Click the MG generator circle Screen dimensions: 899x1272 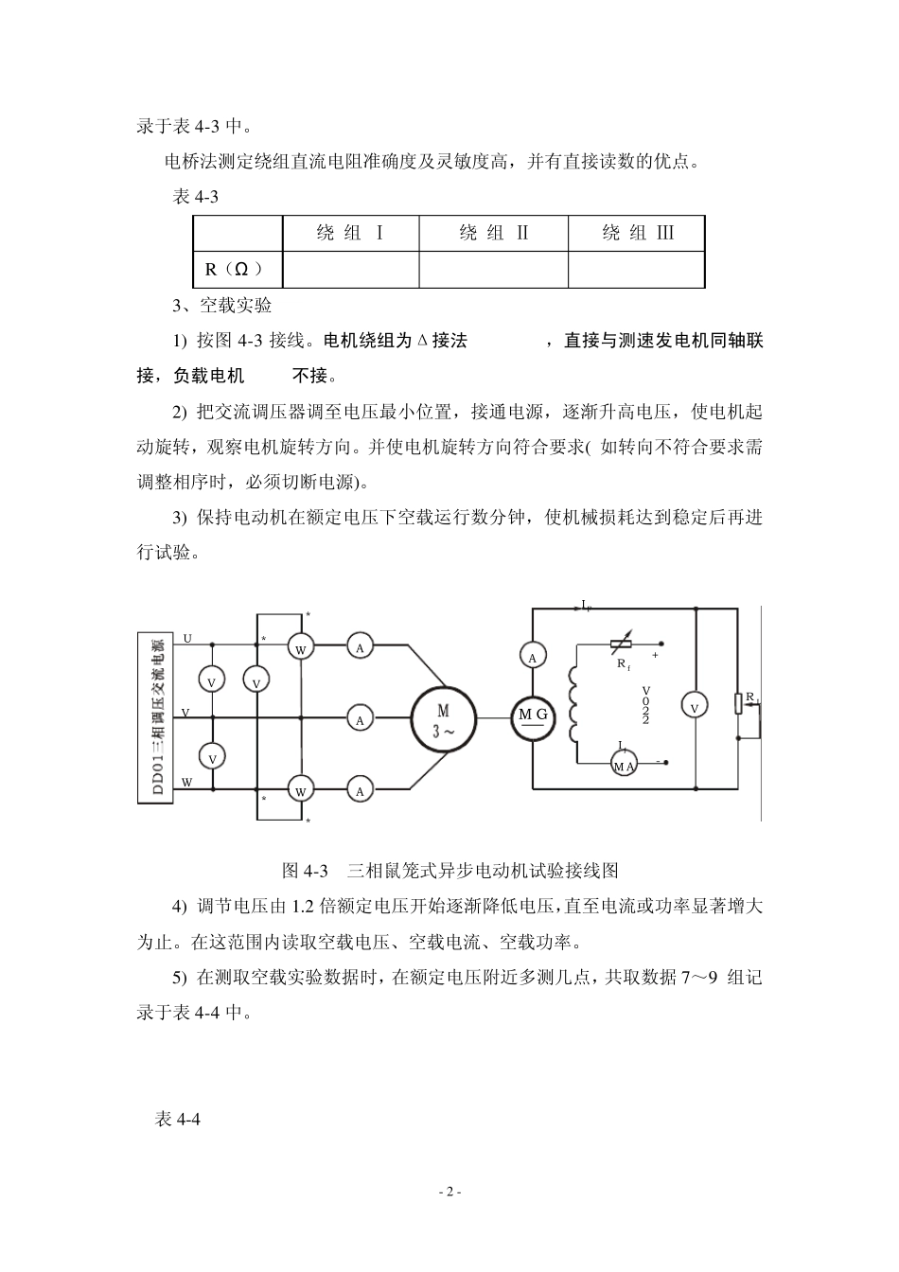click(533, 716)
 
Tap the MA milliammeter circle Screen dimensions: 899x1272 click(624, 765)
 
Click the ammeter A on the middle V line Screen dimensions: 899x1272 click(360, 718)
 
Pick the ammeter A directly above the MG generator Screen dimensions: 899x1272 click(533, 657)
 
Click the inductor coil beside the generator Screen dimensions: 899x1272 click(574, 706)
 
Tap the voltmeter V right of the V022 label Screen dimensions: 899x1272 click(695, 706)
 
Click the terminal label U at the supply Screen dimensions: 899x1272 click(186, 639)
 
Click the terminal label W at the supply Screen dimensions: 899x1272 click(186, 783)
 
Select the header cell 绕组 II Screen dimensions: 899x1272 click(493, 234)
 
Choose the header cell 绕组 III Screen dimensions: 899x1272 click(636, 234)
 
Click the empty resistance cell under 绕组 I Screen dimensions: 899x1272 click(350, 270)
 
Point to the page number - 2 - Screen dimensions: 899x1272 click(449, 1192)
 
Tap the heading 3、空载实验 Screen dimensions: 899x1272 click(222, 306)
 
